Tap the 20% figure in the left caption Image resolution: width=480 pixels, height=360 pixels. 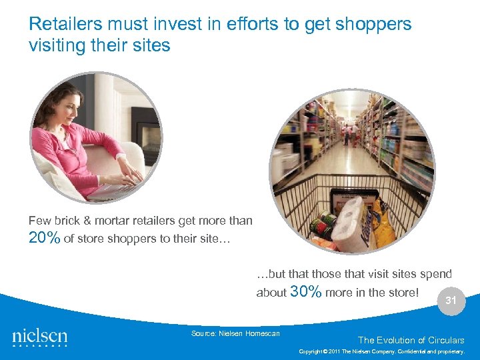click(44, 238)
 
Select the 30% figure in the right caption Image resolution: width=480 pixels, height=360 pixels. click(307, 291)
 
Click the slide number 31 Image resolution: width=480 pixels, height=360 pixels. click(451, 301)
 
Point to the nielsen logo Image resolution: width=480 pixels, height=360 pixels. click(40, 336)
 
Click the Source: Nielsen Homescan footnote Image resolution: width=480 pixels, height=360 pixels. click(235, 333)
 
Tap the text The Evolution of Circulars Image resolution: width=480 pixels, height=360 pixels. click(411, 340)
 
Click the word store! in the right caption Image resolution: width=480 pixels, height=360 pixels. click(402, 292)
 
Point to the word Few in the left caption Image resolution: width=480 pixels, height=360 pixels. click(39, 221)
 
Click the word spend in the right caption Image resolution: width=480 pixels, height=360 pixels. click(436, 274)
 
